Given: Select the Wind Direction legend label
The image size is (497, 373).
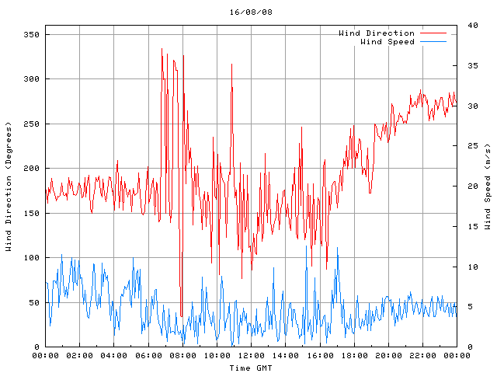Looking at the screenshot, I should click(376, 33).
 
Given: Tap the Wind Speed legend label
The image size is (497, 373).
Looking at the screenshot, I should click(387, 41).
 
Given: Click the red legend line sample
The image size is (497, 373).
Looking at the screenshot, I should click(433, 33).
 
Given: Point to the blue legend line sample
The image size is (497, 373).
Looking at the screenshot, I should click(433, 41).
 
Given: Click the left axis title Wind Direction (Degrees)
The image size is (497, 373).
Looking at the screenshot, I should click(9, 186).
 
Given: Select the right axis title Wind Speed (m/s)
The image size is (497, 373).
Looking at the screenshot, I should click(488, 186).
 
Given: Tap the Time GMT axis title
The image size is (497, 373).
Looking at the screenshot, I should click(251, 367).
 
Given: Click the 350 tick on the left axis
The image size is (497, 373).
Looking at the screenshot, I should click(32, 35).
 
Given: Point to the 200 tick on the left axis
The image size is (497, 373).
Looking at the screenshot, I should click(32, 169).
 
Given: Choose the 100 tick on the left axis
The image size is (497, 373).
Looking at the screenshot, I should click(32, 258).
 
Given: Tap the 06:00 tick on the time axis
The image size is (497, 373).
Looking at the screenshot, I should click(148, 355).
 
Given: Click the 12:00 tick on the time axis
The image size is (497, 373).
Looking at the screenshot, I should click(251, 355).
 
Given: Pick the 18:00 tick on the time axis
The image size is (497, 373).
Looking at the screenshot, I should click(353, 355).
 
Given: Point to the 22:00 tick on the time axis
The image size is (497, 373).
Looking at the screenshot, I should click(422, 355).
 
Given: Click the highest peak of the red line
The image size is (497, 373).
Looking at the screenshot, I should click(162, 49).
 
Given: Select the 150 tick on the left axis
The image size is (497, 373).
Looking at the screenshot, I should click(32, 214).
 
